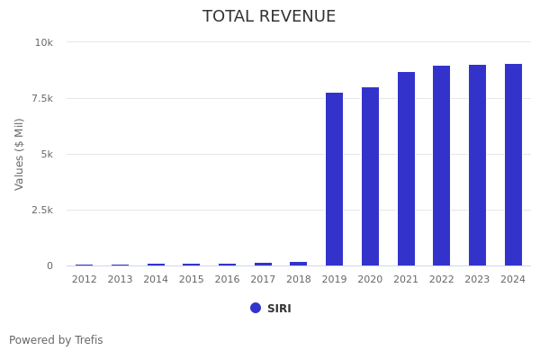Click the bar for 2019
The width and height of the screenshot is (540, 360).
[x=334, y=179]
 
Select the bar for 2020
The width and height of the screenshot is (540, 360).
[x=370, y=176]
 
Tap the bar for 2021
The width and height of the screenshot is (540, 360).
[x=406, y=169]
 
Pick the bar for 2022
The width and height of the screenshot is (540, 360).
[x=441, y=166]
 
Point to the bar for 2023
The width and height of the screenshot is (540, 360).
[x=477, y=166]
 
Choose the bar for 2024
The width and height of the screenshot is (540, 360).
[x=513, y=165]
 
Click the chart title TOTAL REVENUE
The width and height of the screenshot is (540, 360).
[x=269, y=17]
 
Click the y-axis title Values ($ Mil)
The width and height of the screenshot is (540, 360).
[x=20, y=154]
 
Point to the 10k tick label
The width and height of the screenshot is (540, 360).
[x=44, y=42]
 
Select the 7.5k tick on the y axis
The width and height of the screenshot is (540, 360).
[x=41, y=98]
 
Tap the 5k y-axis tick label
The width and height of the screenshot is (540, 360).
[x=48, y=154]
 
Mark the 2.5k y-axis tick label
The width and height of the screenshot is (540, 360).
[x=41, y=210]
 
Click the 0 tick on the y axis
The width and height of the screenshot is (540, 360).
[x=50, y=265]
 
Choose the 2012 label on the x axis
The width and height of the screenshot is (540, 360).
[x=85, y=280]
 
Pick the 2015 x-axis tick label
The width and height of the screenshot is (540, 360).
[x=192, y=280]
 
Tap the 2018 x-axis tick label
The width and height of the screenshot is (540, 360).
[x=299, y=280]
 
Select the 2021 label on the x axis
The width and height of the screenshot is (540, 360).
[x=406, y=280]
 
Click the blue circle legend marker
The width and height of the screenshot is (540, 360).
[x=256, y=308]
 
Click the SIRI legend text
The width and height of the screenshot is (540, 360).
[x=279, y=309]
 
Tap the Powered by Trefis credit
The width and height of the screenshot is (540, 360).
[x=56, y=340]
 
